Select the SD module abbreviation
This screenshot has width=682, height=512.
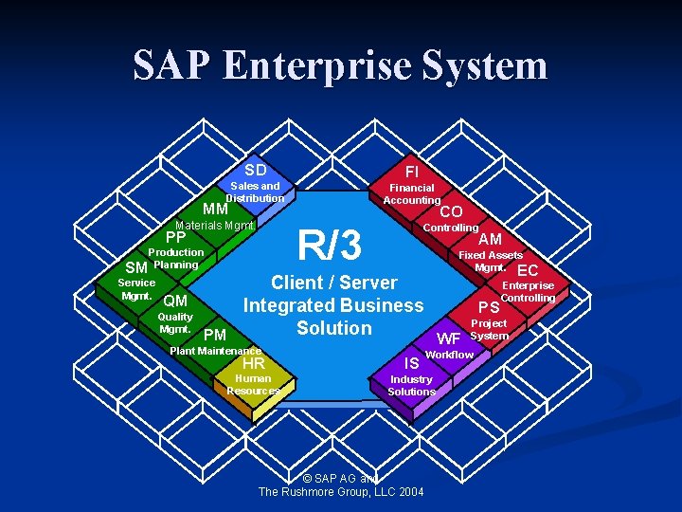[x=255, y=170]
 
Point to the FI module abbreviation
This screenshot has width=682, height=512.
[x=411, y=172]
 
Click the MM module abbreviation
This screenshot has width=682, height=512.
[x=216, y=209]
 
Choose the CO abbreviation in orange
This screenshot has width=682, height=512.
[x=451, y=211]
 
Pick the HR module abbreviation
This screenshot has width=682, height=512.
[x=254, y=362]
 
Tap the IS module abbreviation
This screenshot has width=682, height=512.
[x=411, y=362]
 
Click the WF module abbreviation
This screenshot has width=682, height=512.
[x=448, y=338]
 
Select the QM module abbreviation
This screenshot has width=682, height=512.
[x=175, y=302]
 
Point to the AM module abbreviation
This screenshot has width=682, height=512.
[x=490, y=240]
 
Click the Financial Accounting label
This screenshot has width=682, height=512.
[x=412, y=194]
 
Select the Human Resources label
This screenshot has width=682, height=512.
[x=253, y=385]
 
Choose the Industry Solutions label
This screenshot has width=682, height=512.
[x=411, y=385]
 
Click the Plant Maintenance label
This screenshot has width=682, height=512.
[x=215, y=351]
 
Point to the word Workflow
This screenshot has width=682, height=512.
[x=450, y=354]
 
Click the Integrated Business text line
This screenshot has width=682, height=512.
[x=333, y=305]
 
